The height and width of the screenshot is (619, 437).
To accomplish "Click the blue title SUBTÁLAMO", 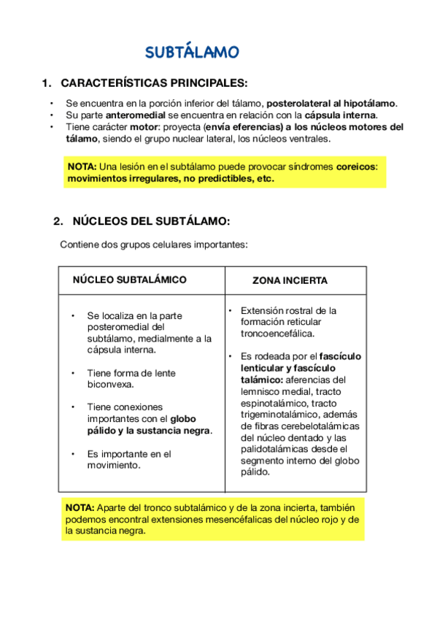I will [x=192, y=53].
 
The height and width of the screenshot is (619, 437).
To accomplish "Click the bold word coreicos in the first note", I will [x=356, y=166].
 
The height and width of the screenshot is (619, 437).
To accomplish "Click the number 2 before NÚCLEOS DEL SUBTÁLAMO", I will [x=57, y=220].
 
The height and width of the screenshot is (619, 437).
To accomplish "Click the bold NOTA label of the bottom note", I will [x=79, y=508].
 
